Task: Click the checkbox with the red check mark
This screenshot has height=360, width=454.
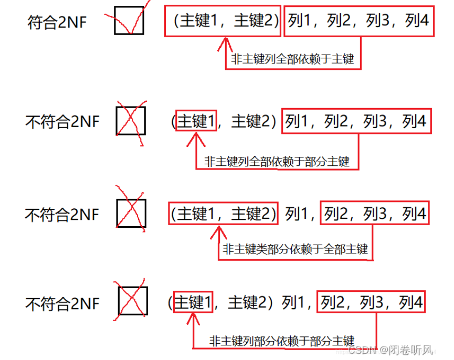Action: tap(129, 20)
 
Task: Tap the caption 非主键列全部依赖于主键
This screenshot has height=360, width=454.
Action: tap(293, 59)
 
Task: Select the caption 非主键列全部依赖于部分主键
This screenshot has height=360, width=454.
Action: tap(277, 161)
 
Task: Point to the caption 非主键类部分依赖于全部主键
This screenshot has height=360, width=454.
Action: tap(295, 249)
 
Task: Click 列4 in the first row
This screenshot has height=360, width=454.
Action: tap(417, 21)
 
